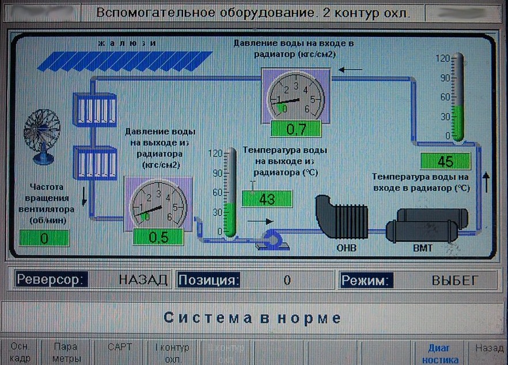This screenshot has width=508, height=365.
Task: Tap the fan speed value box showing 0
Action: (x=44, y=238)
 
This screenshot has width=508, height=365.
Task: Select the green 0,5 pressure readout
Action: (x=158, y=237)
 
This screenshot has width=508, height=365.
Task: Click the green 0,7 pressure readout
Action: (x=295, y=129)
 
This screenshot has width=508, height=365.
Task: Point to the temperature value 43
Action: (x=267, y=199)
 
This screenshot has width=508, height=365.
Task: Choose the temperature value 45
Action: (x=445, y=161)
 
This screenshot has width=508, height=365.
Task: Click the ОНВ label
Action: (x=343, y=248)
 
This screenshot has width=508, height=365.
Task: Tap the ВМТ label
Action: (x=423, y=248)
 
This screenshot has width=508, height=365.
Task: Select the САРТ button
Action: (x=120, y=347)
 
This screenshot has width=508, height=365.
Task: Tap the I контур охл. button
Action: (x=172, y=353)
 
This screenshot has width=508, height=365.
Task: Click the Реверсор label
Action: (x=51, y=280)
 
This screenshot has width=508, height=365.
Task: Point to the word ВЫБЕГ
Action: (x=455, y=280)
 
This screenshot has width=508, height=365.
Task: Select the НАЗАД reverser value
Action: (x=143, y=280)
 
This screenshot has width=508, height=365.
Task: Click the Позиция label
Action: (x=208, y=280)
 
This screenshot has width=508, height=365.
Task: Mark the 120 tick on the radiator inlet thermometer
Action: (x=442, y=58)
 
